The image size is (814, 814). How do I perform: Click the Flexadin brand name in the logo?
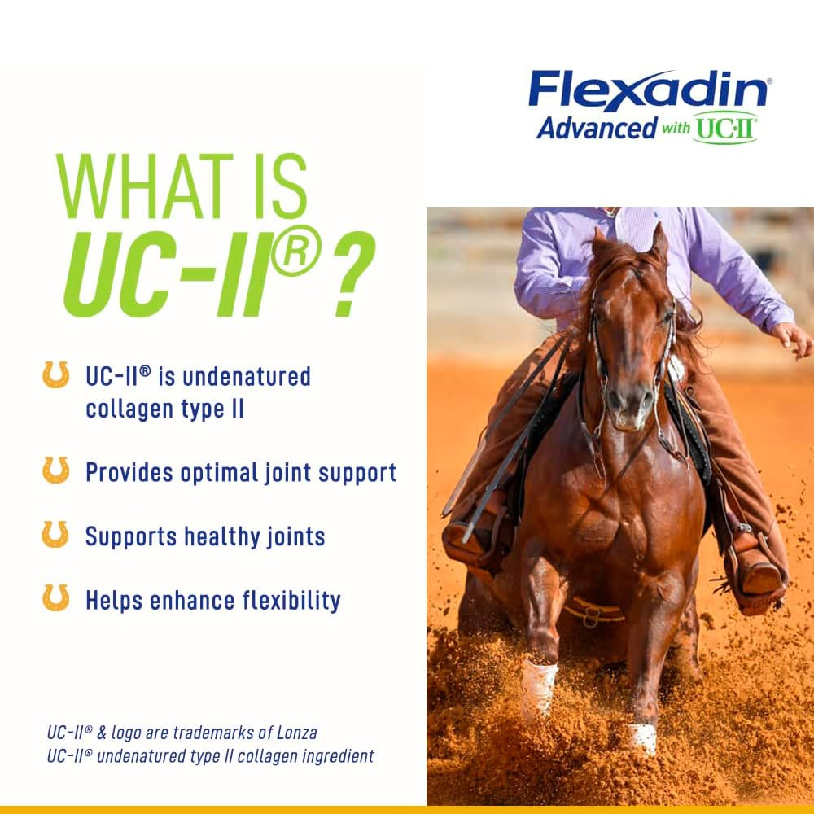click(647, 90)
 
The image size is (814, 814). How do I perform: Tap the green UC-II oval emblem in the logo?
click(725, 128)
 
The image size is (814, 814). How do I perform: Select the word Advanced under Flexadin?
click(597, 128)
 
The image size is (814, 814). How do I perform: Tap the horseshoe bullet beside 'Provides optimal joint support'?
click(55, 470)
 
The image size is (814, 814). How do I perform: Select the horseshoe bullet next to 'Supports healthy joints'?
click(55, 535)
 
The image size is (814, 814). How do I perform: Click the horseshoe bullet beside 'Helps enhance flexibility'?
click(55, 598)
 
